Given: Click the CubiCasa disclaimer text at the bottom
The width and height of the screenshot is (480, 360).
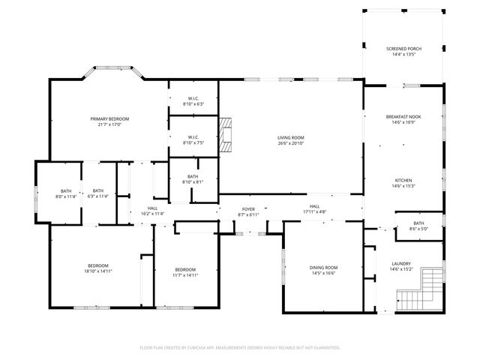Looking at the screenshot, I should click(240, 348).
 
